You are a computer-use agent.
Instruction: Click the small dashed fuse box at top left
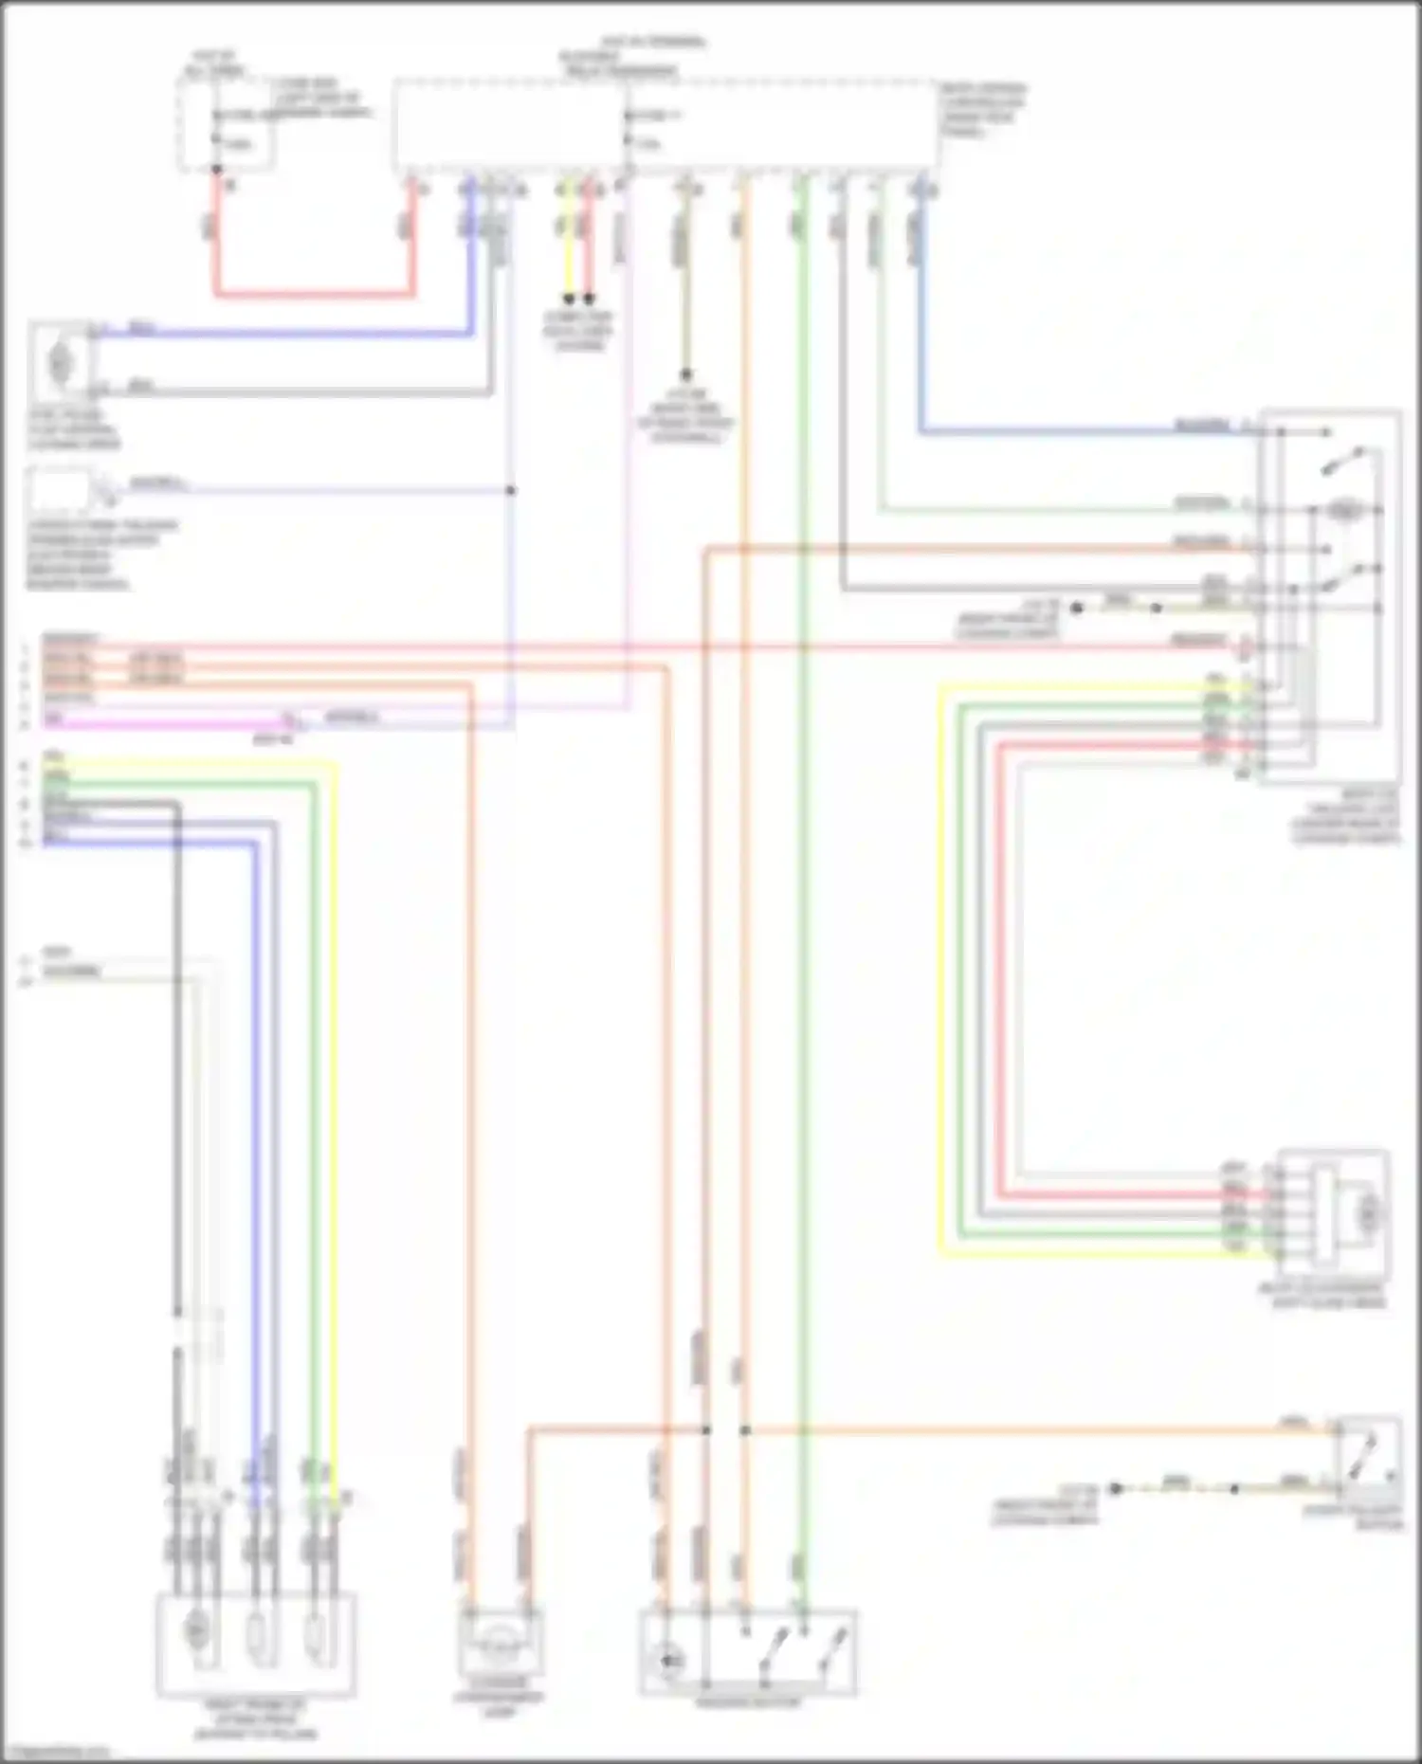pyautogui.click(x=227, y=123)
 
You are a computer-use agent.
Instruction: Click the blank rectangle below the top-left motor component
pyautogui.click(x=59, y=491)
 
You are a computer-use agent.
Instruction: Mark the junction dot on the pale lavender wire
pyautogui.click(x=511, y=491)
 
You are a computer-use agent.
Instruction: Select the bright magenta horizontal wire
pyautogui.click(x=161, y=725)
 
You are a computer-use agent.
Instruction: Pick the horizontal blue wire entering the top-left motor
pyautogui.click(x=284, y=334)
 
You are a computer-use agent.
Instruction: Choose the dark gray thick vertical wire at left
pyautogui.click(x=177, y=1043)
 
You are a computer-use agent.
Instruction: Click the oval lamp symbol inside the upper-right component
pyautogui.click(x=1341, y=510)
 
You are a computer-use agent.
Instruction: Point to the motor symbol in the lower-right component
pyautogui.click(x=1368, y=1211)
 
